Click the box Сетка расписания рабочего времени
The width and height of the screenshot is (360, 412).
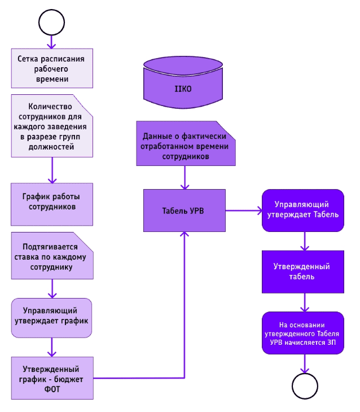52,68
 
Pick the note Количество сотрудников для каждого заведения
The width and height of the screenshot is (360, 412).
52,126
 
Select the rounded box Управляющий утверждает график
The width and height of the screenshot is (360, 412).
52,317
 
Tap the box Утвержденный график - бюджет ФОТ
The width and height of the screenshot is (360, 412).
52,377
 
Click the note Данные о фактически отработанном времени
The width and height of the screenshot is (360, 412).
185,144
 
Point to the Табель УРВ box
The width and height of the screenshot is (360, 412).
185,211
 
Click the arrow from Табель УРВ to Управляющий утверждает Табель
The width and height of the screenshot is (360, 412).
244,211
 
